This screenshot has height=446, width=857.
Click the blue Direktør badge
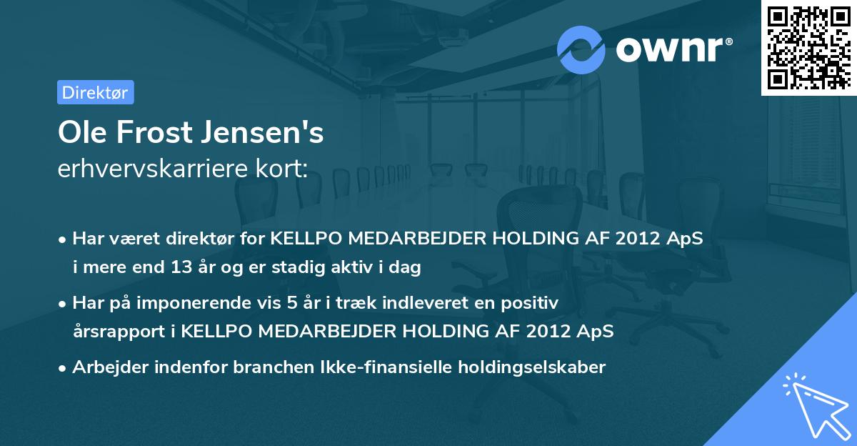tap(95, 92)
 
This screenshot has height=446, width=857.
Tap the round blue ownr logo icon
tap(581, 49)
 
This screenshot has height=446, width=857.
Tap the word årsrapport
tap(116, 332)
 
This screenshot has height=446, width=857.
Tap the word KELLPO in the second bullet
tap(214, 332)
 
